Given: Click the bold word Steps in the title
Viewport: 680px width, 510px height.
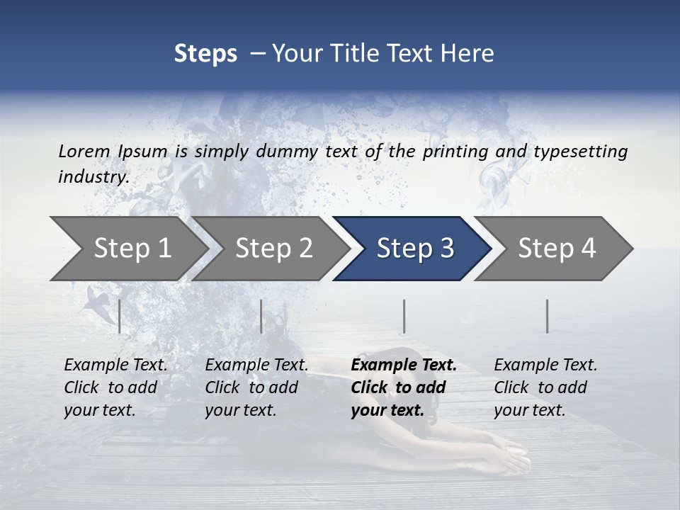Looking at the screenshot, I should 205,54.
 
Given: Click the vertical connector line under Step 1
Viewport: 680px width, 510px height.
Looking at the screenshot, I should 119,316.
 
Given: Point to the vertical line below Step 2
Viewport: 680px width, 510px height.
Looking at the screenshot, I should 261,316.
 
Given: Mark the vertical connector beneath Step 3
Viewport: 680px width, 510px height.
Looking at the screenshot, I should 404,316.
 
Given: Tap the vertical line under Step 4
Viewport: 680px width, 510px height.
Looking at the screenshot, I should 547,316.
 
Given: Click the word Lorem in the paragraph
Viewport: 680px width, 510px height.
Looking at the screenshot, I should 84,152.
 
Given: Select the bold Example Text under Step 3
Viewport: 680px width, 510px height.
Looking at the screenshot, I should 404,365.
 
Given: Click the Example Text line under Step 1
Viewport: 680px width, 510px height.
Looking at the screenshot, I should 115,365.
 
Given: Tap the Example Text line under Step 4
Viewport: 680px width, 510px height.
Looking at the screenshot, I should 545,365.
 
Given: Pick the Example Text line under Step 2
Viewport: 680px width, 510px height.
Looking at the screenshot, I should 256,365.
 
